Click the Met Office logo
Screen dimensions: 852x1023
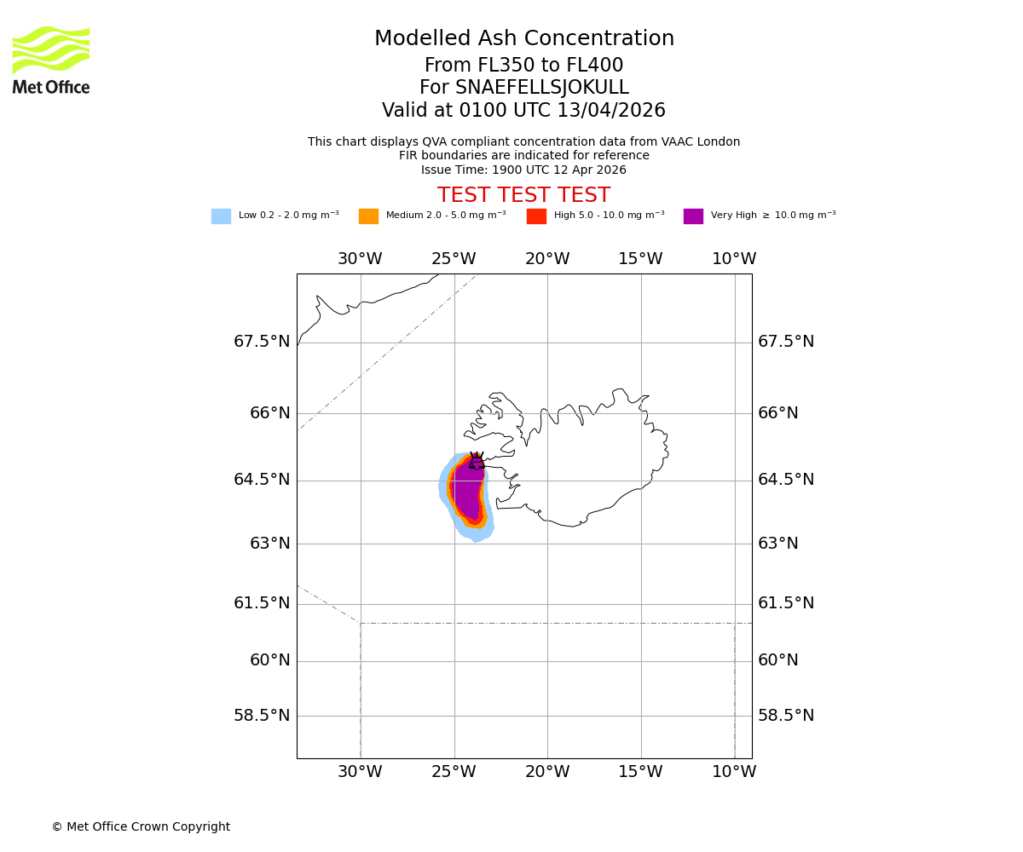tap(51, 60)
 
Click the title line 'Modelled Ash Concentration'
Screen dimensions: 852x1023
tap(524, 39)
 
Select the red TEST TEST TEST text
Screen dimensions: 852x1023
tap(523, 195)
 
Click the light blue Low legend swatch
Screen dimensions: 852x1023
tap(221, 216)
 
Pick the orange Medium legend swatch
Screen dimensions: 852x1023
tap(368, 216)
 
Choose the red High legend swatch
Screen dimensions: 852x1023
tap(536, 216)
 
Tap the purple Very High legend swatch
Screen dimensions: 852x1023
tap(693, 216)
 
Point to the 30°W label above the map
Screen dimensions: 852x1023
tap(360, 259)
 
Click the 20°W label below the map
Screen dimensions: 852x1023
tap(547, 772)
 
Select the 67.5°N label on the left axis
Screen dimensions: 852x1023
tap(262, 342)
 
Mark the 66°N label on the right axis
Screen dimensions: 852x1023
tap(778, 413)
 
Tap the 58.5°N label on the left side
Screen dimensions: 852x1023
tap(262, 716)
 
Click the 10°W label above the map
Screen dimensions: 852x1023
tap(734, 259)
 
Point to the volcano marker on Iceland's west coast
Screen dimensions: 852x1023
tap(477, 462)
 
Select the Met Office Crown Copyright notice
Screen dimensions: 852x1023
tap(141, 826)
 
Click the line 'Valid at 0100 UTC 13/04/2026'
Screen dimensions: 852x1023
tap(523, 111)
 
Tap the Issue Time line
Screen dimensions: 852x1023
tap(523, 170)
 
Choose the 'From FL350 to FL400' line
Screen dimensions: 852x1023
tap(523, 66)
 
